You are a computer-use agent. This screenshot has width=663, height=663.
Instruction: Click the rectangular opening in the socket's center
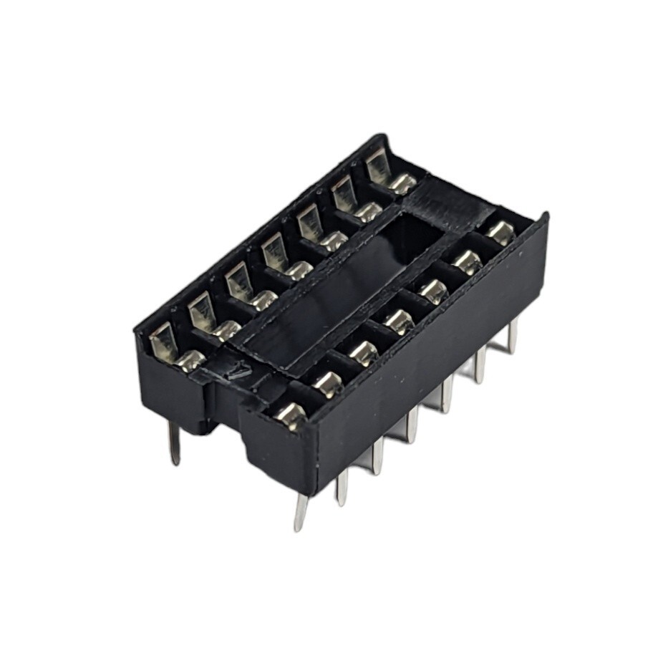pyautogui.click(x=337, y=286)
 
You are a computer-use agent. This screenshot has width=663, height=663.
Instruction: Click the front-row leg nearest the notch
pyautogui.click(x=301, y=512)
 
